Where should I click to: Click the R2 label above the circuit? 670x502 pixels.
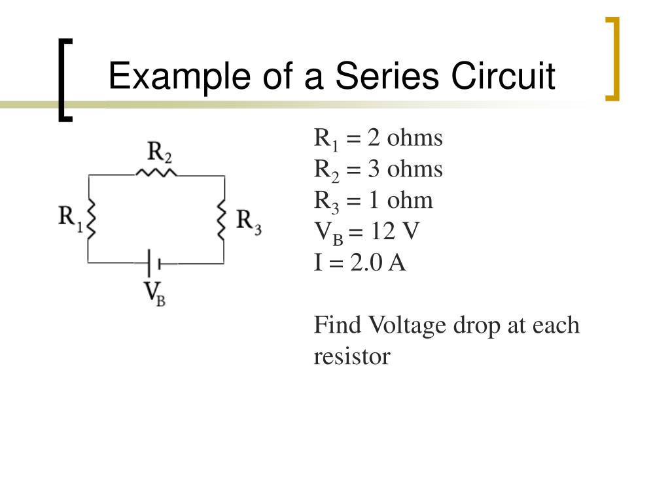(160, 154)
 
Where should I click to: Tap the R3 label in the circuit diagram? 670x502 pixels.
(249, 220)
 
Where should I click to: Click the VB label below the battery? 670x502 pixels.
(154, 293)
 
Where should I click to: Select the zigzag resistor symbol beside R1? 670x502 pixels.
(90, 218)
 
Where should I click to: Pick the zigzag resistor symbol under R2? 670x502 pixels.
(156, 173)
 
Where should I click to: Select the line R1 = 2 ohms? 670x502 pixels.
(379, 139)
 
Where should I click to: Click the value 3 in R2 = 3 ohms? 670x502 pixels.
(373, 169)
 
